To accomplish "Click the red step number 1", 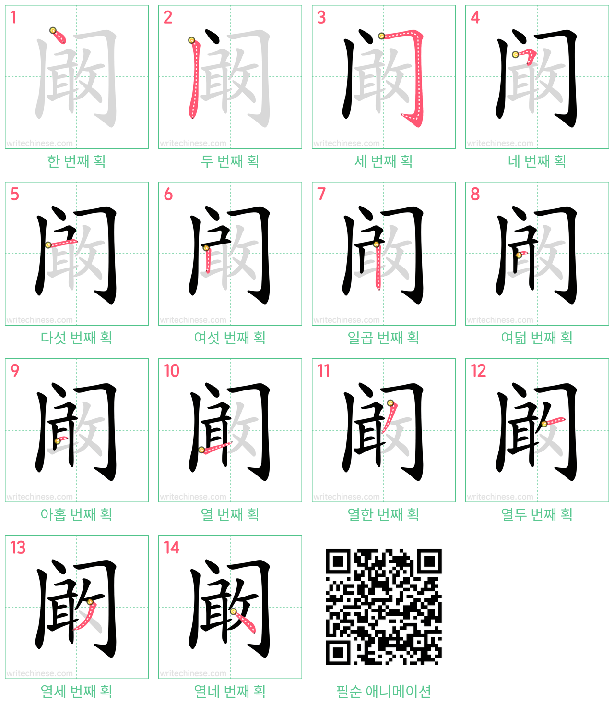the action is (x=13, y=17).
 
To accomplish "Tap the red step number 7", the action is (x=321, y=194).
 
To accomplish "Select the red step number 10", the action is (x=172, y=371).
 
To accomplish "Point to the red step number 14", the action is (x=172, y=548).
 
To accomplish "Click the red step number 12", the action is (x=478, y=371).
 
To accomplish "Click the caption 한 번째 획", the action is (x=77, y=161).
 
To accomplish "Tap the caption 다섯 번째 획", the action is (x=77, y=338).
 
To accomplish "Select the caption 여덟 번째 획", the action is (x=537, y=338).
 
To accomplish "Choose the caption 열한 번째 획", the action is (x=383, y=515).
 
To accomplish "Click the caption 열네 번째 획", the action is (x=230, y=692).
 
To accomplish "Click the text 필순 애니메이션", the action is (x=383, y=692).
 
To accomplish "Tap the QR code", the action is (x=383, y=607).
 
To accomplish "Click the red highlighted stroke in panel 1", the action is (x=59, y=37).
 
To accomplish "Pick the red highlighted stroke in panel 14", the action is (x=244, y=622).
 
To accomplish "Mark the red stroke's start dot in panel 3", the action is (x=381, y=36).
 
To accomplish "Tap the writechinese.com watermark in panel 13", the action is (x=39, y=673).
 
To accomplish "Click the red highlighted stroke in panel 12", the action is (x=555, y=421).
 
